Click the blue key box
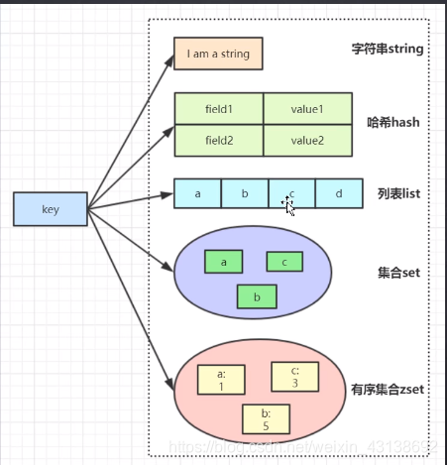[51, 209]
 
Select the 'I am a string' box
[218, 54]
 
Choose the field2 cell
[219, 141]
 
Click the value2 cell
[307, 141]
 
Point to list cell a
[197, 193]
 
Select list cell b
[245, 193]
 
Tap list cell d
[339, 193]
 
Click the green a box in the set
[224, 262]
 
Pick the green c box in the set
[284, 262]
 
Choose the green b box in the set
[257, 296]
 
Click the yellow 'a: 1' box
[220, 381]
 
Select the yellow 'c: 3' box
[294, 376]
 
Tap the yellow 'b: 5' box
[266, 418]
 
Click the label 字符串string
[390, 49]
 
